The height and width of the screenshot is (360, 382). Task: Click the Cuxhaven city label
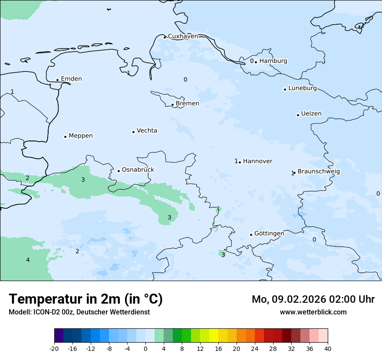click(183, 36)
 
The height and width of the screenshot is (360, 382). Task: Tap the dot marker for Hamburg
click(256, 62)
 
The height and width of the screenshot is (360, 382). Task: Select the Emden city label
click(71, 79)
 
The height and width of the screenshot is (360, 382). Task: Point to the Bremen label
click(188, 104)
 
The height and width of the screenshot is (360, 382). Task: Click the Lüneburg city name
click(303, 88)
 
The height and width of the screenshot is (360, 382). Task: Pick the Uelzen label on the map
click(311, 114)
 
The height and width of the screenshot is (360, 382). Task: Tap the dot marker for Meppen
click(65, 137)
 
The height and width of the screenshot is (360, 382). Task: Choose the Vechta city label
click(147, 131)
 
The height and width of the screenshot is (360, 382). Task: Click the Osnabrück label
click(138, 170)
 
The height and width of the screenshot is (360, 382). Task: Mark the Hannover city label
click(257, 161)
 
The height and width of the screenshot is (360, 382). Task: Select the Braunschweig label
click(319, 172)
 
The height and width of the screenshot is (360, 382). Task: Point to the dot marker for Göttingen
click(251, 235)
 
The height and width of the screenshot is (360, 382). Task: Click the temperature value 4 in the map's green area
click(28, 260)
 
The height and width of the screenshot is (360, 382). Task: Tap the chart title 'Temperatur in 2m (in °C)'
click(86, 299)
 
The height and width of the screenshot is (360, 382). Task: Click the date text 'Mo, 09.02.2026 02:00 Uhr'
click(313, 299)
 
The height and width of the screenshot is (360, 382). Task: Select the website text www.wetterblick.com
click(313, 312)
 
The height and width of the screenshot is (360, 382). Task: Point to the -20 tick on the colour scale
click(54, 349)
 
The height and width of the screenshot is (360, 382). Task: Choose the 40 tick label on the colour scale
click(328, 349)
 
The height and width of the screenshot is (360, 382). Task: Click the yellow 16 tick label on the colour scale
click(218, 349)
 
